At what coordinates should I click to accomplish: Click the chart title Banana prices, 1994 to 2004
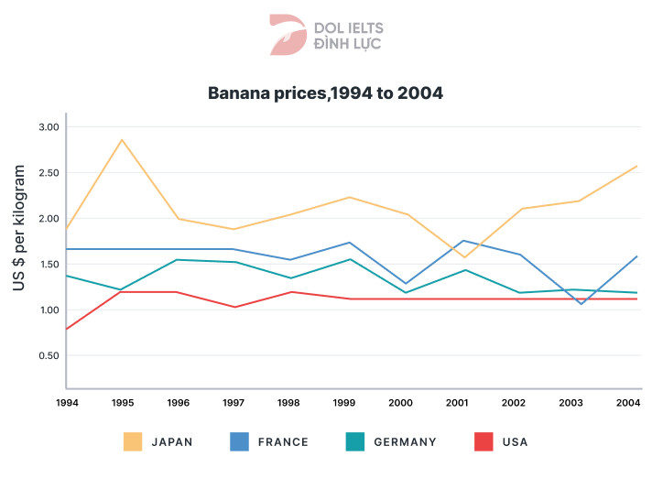point(326,92)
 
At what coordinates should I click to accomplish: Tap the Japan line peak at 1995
point(122,140)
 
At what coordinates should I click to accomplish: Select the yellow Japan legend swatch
point(133,441)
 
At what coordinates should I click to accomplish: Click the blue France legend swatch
point(239,441)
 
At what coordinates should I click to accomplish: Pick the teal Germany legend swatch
point(355,441)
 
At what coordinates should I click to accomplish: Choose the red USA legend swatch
point(484,441)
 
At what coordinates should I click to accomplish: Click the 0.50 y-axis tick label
point(48,355)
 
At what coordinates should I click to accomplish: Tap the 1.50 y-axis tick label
point(48,265)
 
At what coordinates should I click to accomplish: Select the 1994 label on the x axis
point(67,402)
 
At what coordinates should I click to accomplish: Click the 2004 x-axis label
point(628,402)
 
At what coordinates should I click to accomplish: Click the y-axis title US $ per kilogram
point(19,230)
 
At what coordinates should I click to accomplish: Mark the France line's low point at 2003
point(580,303)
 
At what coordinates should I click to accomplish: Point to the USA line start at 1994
point(67,329)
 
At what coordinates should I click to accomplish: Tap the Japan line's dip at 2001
point(464,257)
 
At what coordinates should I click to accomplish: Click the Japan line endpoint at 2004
point(636,166)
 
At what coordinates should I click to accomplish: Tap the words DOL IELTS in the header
point(349,28)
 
